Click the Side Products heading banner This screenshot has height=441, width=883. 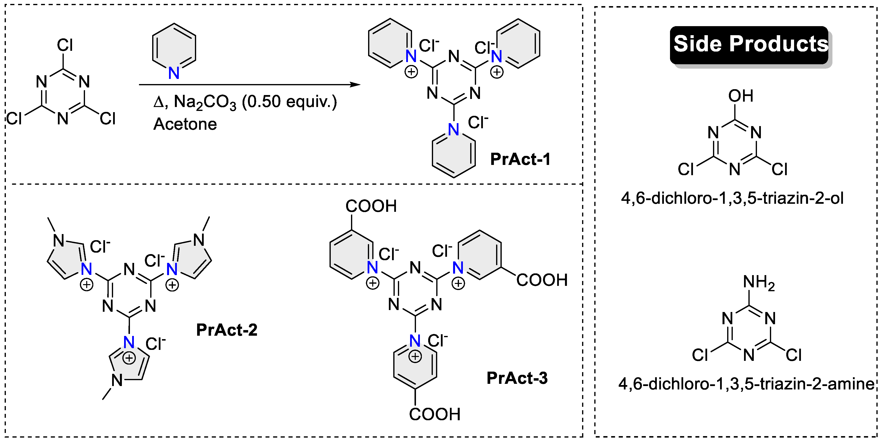(750, 44)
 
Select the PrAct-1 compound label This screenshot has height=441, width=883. (520, 159)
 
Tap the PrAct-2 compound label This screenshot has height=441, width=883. (227, 330)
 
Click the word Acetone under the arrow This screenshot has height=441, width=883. (185, 124)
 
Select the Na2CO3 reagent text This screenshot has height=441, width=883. (205, 102)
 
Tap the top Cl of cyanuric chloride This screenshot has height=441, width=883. (65, 45)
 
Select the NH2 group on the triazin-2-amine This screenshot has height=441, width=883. (759, 283)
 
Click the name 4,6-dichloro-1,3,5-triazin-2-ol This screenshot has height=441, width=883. (732, 198)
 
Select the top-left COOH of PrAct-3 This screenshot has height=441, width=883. (371, 206)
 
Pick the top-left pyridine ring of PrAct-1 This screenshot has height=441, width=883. (390, 43)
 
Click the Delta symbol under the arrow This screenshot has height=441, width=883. (159, 102)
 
